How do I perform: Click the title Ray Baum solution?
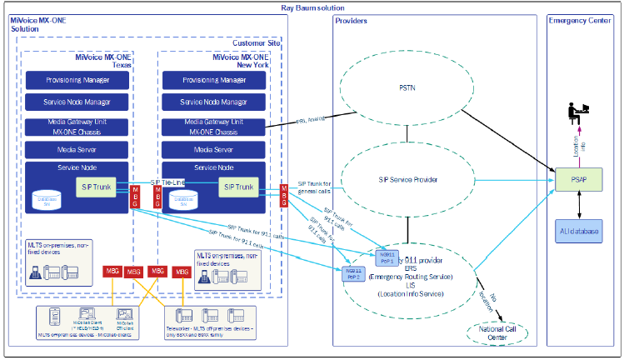pyautogui.click(x=311, y=7)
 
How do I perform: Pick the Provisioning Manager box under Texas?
pyautogui.click(x=77, y=80)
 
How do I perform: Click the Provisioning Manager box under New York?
pyautogui.click(x=214, y=80)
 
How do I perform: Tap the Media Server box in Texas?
pyautogui.click(x=77, y=150)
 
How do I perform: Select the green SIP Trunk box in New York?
pyautogui.click(x=237, y=187)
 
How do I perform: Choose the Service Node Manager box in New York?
pyautogui.click(x=214, y=102)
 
